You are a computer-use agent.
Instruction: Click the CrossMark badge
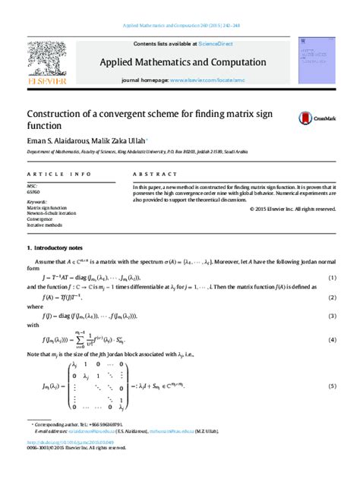[313, 118]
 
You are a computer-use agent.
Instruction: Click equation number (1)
[332, 278]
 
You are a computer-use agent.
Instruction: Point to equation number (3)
[332, 313]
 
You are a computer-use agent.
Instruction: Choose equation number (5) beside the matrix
[332, 386]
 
